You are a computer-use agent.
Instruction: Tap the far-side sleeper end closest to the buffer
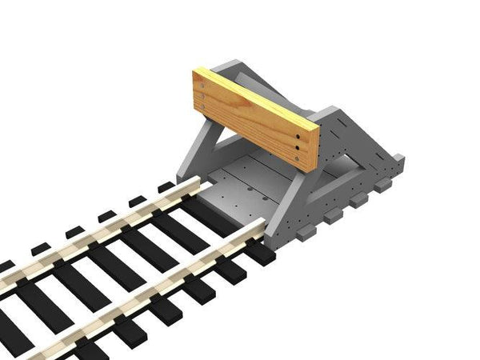166,187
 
